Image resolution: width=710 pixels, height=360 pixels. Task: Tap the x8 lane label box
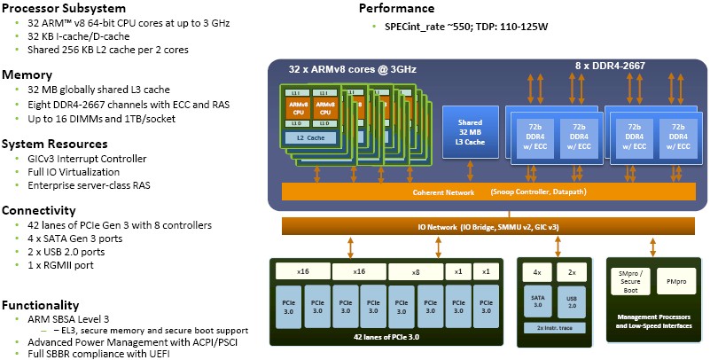tap(414, 271)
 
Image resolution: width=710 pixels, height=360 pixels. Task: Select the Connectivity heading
tap(39, 210)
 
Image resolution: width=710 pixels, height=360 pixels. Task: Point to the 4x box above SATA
tap(538, 270)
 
